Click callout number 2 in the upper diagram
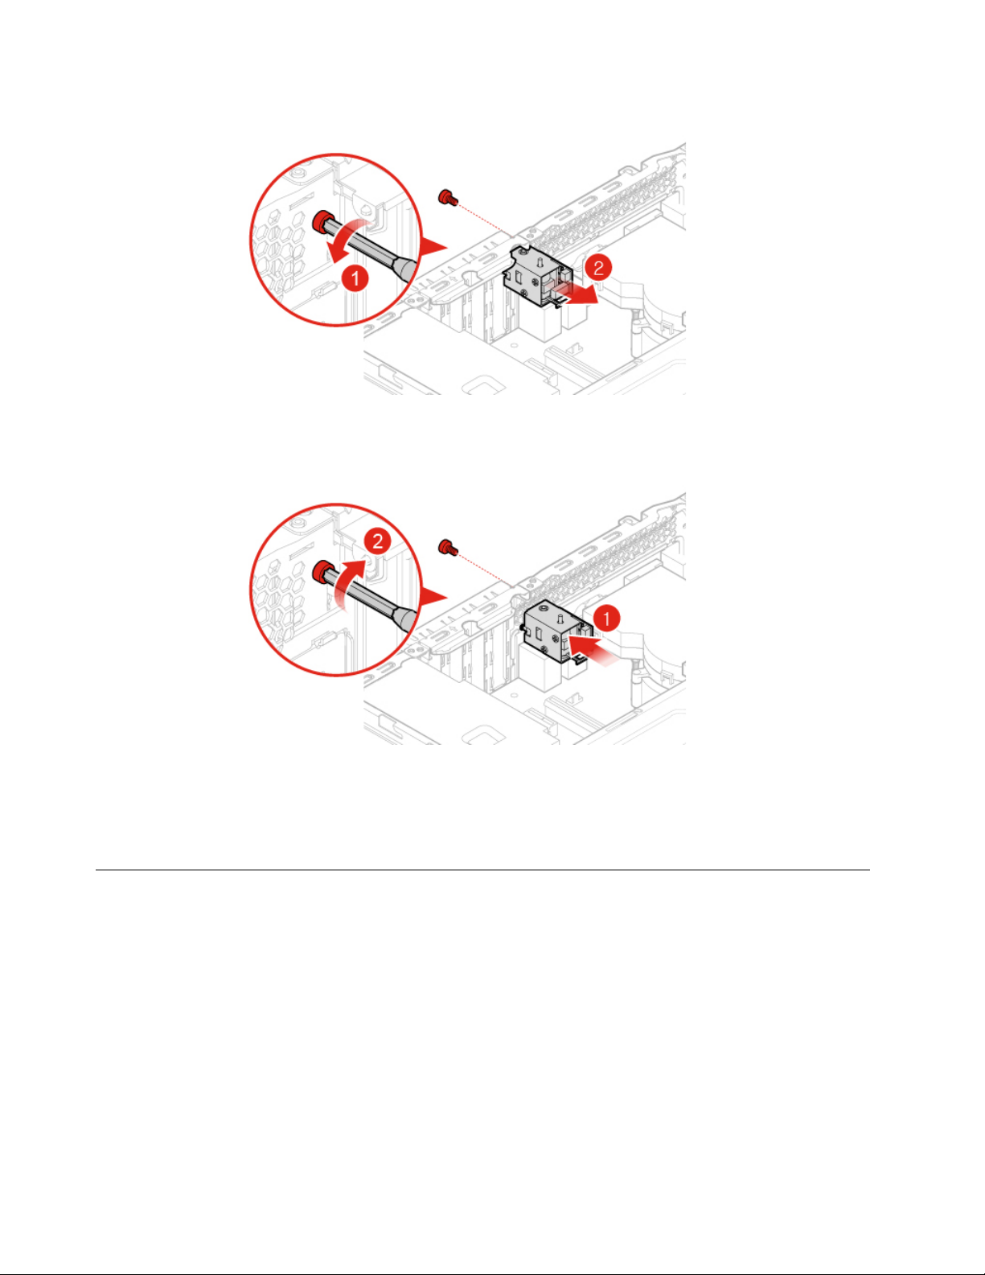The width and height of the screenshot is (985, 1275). pos(598,268)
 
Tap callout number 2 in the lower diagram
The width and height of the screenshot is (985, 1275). pos(378,541)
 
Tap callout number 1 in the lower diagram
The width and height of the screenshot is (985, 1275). pos(606,618)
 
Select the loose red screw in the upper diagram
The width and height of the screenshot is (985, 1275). pos(448,198)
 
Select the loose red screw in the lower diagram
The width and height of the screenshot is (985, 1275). pos(448,548)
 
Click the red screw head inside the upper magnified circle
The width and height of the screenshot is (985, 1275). pos(322,222)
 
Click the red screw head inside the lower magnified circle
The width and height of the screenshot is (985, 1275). pos(322,571)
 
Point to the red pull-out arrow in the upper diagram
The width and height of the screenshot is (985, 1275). pos(577,294)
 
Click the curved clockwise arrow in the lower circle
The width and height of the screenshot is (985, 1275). pos(352,581)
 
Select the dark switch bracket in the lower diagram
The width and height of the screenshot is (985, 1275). pos(557,632)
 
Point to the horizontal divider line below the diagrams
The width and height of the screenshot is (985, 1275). pos(482,870)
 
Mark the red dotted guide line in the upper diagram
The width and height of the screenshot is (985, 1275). pos(486,220)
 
